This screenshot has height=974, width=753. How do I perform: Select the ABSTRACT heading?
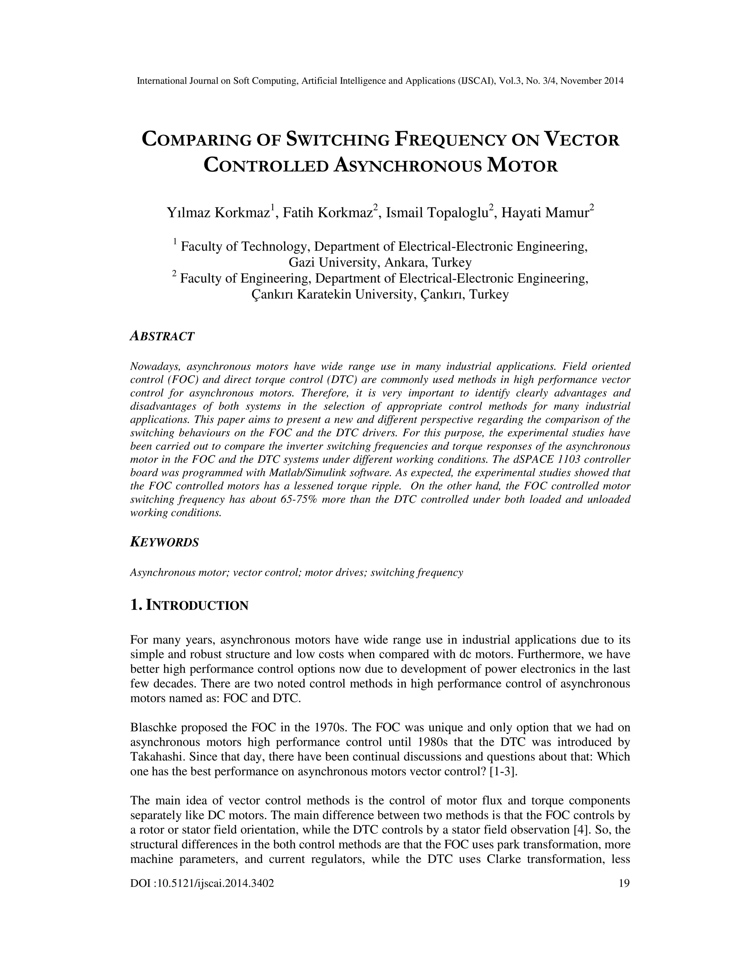[163, 336]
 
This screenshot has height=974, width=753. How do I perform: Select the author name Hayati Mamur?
[545, 213]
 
